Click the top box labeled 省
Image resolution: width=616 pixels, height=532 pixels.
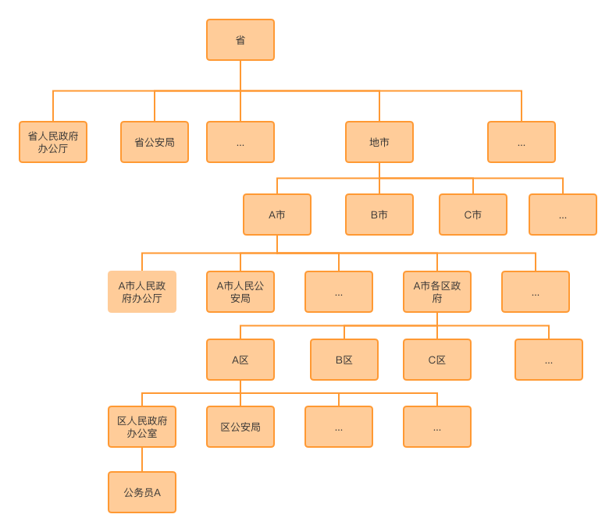point(240,40)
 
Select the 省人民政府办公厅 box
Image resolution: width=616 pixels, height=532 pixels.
point(53,142)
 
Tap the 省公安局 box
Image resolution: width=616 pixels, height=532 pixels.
point(155,142)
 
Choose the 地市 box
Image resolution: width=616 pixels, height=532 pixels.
point(379,142)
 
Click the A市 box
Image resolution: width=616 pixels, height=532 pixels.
point(277,215)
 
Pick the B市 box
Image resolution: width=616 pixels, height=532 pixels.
point(379,215)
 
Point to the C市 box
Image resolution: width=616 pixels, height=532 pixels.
point(473,215)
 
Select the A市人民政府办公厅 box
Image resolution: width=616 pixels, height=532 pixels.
point(142,292)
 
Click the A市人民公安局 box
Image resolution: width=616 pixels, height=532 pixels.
point(240,292)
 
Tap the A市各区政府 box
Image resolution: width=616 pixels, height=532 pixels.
point(437,292)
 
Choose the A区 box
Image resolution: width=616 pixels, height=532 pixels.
point(240,360)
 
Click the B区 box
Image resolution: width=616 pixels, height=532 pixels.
point(344,360)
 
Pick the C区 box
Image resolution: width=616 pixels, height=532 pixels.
point(437,360)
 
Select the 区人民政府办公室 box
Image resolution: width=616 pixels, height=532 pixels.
point(142,427)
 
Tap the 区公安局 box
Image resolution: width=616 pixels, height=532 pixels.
point(240,427)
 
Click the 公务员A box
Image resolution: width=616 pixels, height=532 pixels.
point(142,492)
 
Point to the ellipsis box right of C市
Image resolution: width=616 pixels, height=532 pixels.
point(563,215)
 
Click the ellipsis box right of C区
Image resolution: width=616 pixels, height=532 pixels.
point(549,360)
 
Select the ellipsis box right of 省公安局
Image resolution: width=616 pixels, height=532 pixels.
point(240,142)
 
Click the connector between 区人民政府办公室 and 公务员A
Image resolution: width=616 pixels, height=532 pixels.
point(142,459)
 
